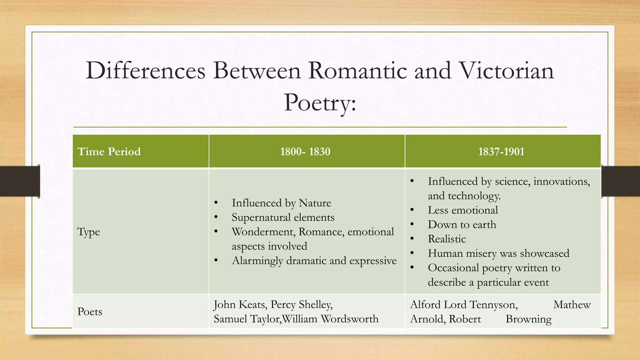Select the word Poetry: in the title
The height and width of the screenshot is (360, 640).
[320, 103]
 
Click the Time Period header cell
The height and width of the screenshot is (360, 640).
[109, 152]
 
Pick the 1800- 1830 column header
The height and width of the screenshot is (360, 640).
[305, 152]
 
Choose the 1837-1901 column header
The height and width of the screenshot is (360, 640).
[501, 152]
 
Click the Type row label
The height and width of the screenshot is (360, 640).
[88, 232]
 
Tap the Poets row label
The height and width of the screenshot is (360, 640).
[90, 312]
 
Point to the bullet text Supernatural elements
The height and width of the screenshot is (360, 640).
[283, 217]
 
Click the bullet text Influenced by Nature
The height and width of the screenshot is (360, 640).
[281, 203]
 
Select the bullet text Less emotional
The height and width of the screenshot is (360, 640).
[463, 210]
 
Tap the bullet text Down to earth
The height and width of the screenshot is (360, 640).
[462, 224]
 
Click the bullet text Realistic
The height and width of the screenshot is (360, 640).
[447, 239]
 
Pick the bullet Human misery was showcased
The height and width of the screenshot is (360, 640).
[498, 253]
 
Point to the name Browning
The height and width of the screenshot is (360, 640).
[528, 319]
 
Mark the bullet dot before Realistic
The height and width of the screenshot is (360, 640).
[412, 239]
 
